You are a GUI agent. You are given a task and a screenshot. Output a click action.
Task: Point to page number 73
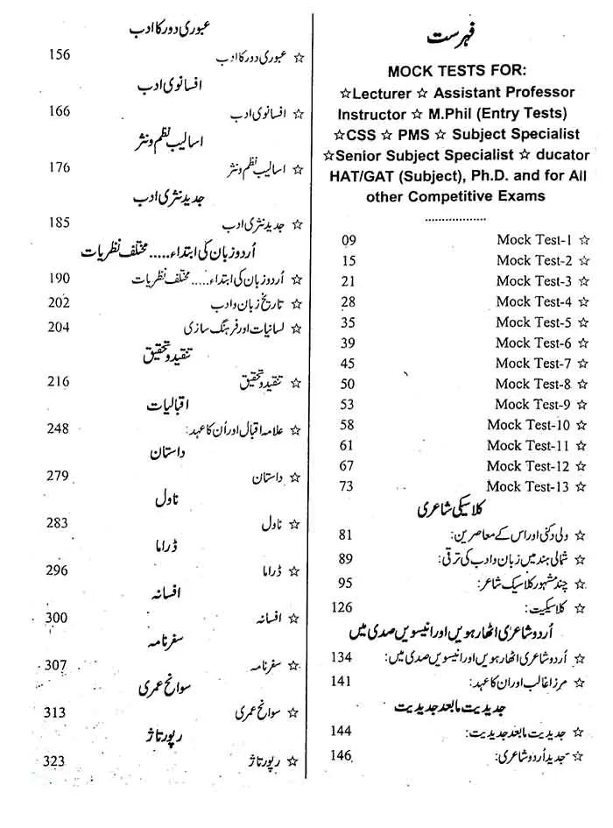347,486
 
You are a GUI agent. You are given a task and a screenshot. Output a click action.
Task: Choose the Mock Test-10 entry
529,425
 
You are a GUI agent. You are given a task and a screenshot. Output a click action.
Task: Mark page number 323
53,761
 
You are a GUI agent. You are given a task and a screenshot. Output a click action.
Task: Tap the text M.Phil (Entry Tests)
501,114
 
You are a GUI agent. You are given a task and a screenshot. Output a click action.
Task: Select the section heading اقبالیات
173,407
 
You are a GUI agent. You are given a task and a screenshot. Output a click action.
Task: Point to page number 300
57,618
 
